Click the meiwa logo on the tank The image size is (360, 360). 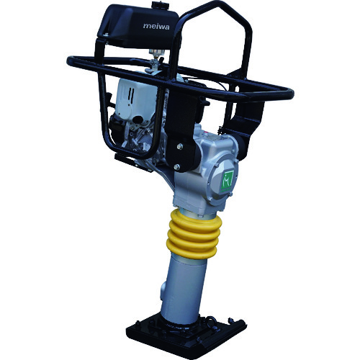click(x=156, y=26)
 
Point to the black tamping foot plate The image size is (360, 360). click(x=186, y=333)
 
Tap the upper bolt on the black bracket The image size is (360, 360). click(x=180, y=146)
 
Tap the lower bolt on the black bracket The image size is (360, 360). click(x=177, y=166)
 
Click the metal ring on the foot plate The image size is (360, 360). click(x=210, y=320)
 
